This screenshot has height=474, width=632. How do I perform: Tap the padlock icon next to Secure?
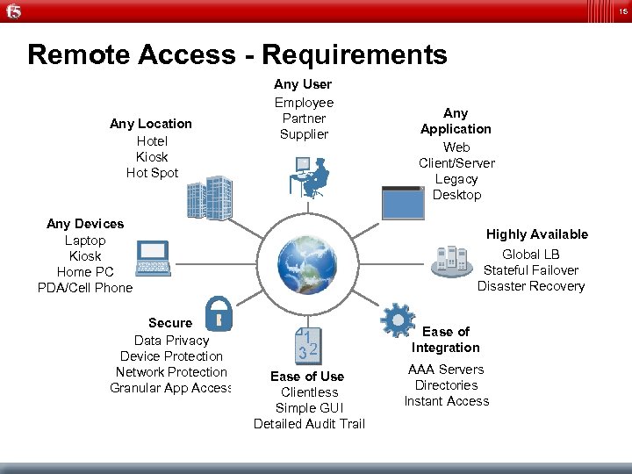[x=218, y=312]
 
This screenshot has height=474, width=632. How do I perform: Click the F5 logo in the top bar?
[x=13, y=11]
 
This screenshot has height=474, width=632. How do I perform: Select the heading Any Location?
[x=151, y=124]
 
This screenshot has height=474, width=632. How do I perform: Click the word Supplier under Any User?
[x=304, y=134]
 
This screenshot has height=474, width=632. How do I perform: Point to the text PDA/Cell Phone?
[x=85, y=288]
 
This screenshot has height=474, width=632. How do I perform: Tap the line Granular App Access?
[x=170, y=388]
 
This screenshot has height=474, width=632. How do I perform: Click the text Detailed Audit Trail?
[x=309, y=424]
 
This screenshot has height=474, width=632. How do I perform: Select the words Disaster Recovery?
[x=531, y=286]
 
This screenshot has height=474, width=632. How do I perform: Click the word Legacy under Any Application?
[x=456, y=179]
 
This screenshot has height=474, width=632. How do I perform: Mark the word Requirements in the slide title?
[x=355, y=55]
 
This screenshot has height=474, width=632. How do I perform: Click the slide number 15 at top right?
[x=621, y=11]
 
